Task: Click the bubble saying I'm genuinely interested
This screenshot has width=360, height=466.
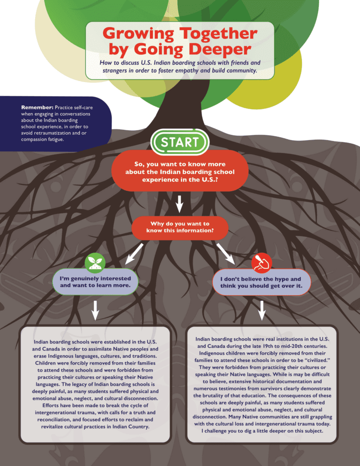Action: (x=95, y=282)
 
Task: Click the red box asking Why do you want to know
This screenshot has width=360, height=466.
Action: (x=180, y=227)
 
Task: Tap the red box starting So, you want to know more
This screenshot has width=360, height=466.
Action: (x=180, y=172)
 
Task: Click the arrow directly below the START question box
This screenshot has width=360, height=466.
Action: (x=180, y=203)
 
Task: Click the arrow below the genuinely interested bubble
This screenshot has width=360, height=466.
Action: (x=95, y=309)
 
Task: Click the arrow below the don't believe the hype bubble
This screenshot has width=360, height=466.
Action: (x=262, y=309)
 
